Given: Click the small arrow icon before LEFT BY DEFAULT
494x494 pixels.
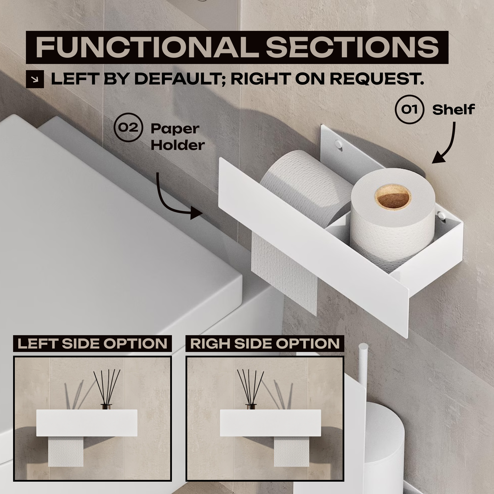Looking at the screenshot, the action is click(35, 79).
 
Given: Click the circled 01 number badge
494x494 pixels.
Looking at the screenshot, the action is click(410, 109).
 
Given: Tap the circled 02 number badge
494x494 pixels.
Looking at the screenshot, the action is click(128, 127).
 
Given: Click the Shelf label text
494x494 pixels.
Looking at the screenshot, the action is click(453, 110).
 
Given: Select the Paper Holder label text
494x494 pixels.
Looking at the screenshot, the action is click(178, 137).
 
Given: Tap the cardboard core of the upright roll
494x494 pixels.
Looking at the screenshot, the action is click(393, 197).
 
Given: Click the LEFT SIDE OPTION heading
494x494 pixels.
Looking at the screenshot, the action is click(92, 343).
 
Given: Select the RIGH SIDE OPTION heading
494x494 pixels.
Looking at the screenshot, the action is click(265, 343).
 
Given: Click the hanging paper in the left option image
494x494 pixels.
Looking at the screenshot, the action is click(66, 451).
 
